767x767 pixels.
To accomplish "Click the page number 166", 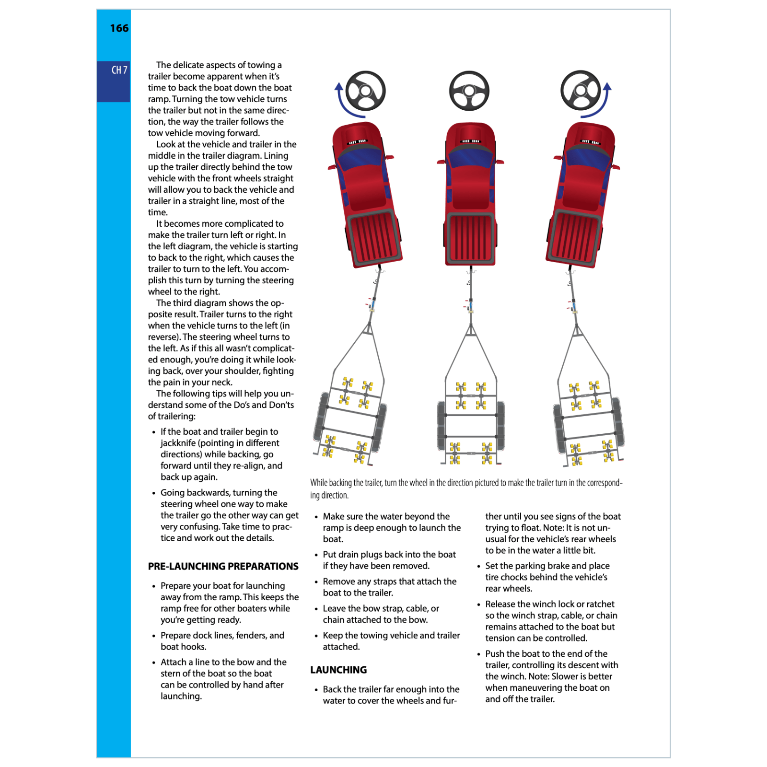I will (x=119, y=28).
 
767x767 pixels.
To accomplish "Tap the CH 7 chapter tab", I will (x=119, y=70).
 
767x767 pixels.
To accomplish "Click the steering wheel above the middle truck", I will (x=469, y=91).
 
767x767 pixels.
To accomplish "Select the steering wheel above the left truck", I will (x=365, y=91).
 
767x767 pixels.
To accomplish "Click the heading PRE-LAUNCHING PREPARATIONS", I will (x=223, y=567).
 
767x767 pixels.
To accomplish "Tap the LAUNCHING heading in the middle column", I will (x=338, y=670).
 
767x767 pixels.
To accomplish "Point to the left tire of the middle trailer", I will (x=442, y=425).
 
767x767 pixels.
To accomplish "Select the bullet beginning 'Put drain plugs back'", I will (x=388, y=560).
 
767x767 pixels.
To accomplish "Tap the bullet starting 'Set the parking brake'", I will (x=546, y=577).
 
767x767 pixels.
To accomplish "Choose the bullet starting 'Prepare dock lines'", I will (x=222, y=641).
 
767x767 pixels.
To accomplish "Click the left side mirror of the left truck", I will (x=332, y=167).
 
